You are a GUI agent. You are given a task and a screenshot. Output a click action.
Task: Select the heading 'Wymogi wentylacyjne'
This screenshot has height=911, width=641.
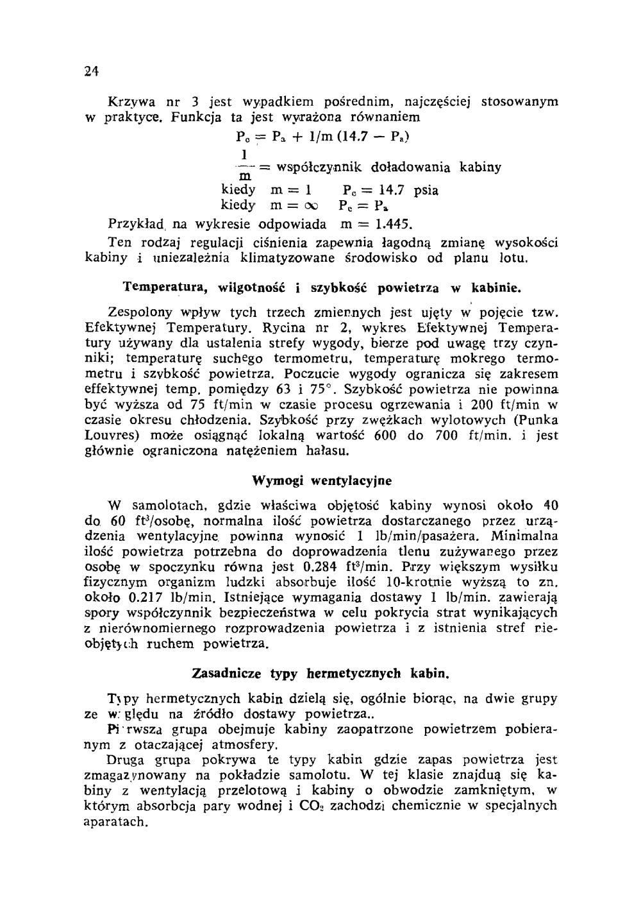[x=322, y=480]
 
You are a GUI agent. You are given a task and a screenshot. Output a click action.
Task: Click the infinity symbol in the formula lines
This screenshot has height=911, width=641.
[x=310, y=207]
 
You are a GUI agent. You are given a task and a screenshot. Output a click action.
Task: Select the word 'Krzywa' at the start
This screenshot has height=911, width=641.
[x=130, y=101]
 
